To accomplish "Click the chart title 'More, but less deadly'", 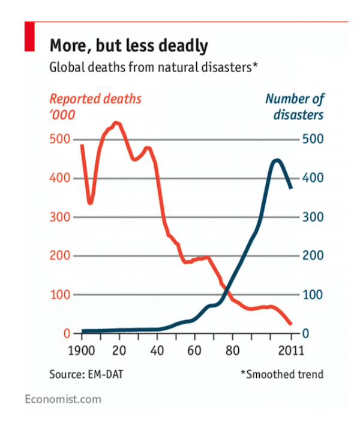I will coord(128,46).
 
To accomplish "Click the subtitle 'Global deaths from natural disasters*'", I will coord(154,67).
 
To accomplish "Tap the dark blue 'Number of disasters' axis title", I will coord(294,106).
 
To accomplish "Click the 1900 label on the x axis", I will coord(81,351).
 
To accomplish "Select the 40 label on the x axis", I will coord(158,351).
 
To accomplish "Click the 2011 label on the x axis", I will coord(292,351).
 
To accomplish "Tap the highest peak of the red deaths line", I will coord(117,124).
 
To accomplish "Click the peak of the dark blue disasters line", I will coord(276,161).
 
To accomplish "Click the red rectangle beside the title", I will coord(29,37).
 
